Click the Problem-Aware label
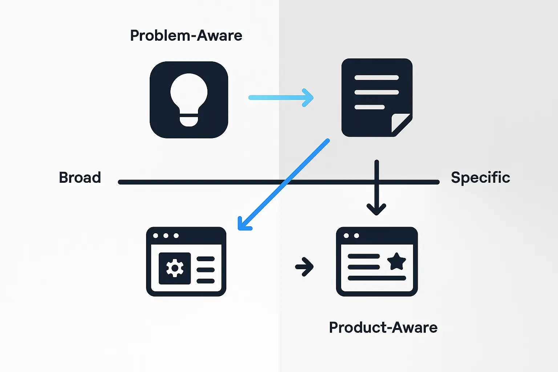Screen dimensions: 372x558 click(x=186, y=36)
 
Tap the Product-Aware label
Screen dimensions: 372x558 click(x=383, y=328)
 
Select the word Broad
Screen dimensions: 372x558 click(x=80, y=178)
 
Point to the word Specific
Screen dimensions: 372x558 click(x=480, y=178)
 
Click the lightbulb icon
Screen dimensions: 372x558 click(x=189, y=100)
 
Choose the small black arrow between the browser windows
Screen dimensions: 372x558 click(x=304, y=267)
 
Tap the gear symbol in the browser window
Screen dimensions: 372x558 click(x=175, y=268)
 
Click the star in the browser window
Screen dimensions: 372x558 click(x=396, y=261)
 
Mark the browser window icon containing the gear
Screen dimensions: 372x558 click(x=186, y=262)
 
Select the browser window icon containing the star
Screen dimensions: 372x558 click(x=377, y=262)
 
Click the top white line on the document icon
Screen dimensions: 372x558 click(x=376, y=77)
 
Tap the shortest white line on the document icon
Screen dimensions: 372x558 click(x=369, y=107)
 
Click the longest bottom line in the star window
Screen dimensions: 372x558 click(x=377, y=278)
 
